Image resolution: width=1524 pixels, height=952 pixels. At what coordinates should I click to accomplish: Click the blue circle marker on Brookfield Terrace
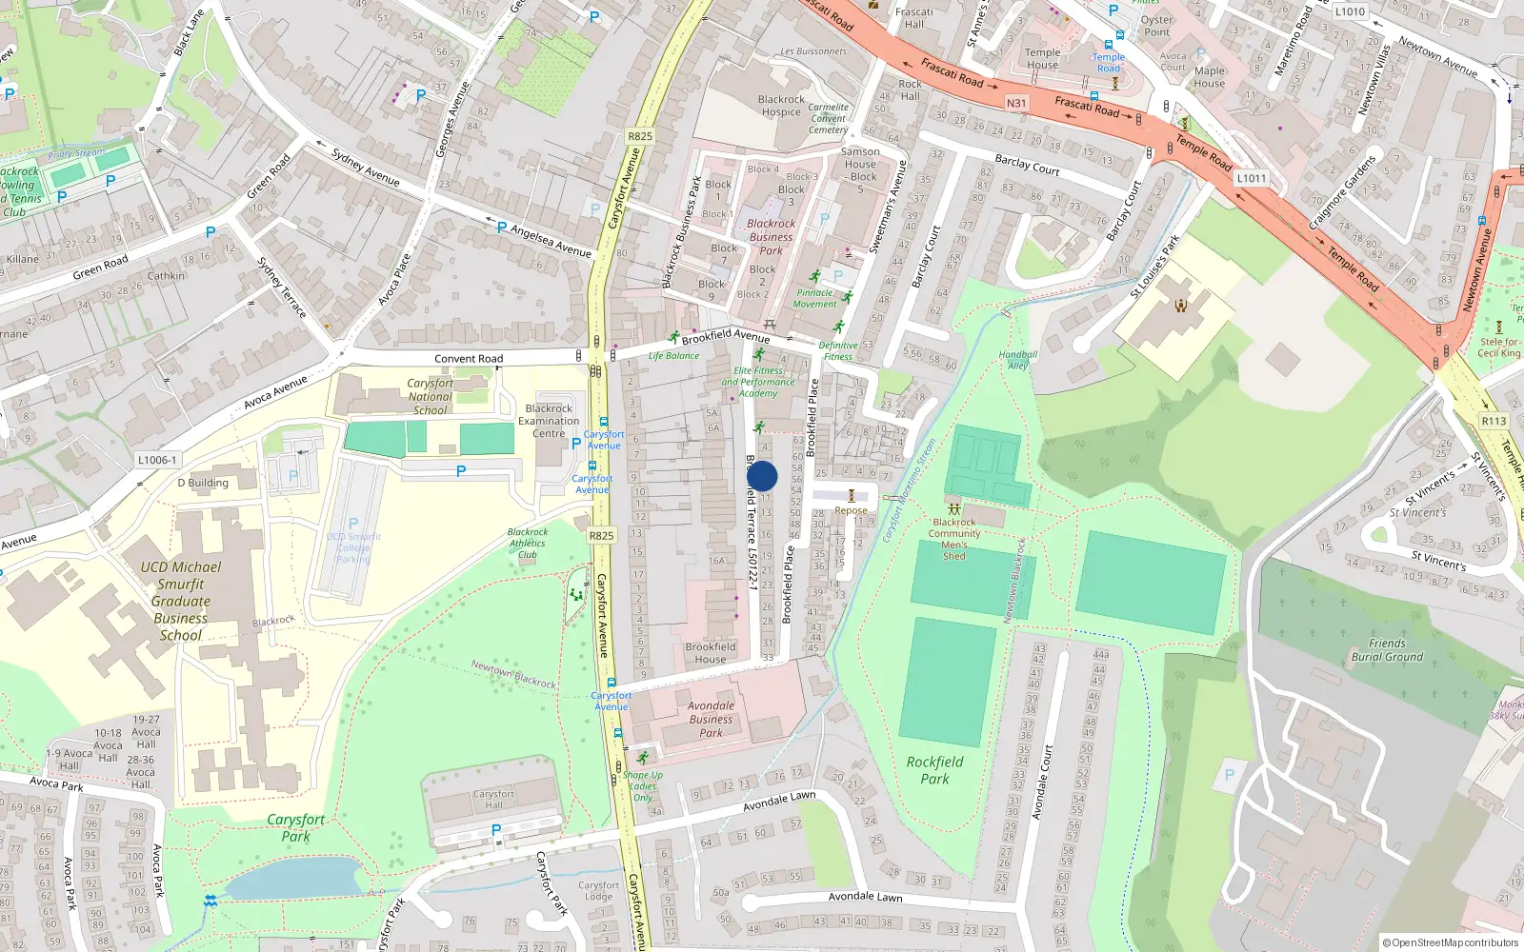tap(762, 476)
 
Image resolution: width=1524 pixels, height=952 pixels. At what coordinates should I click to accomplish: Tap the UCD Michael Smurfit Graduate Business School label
tap(181, 601)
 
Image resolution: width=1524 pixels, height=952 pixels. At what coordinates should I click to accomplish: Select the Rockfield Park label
tap(934, 770)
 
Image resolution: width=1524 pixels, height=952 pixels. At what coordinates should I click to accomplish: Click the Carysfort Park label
tap(295, 827)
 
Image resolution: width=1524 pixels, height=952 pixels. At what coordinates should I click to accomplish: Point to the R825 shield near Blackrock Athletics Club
tap(601, 536)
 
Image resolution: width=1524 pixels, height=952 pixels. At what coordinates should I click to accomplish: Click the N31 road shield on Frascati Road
tap(1016, 103)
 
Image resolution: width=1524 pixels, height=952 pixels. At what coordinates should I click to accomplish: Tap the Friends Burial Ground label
tap(1387, 650)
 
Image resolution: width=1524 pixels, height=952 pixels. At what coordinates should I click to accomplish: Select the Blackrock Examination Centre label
tap(549, 421)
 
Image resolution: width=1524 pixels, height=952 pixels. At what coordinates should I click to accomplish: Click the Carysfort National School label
tap(431, 397)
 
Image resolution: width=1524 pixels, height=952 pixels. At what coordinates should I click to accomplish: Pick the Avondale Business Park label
tap(711, 720)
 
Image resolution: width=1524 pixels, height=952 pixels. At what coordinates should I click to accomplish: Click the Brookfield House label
tap(711, 653)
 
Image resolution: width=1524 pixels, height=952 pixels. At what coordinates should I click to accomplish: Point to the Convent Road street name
tap(469, 359)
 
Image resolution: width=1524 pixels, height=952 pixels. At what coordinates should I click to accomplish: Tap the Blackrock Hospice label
tap(781, 106)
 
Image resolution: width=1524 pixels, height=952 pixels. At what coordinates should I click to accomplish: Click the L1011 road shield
tap(1251, 178)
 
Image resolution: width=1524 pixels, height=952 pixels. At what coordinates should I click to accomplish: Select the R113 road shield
tap(1494, 421)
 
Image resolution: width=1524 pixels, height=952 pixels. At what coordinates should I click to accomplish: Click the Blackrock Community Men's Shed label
tap(954, 539)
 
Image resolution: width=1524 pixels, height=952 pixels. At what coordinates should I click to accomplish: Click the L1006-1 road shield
tap(157, 460)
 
